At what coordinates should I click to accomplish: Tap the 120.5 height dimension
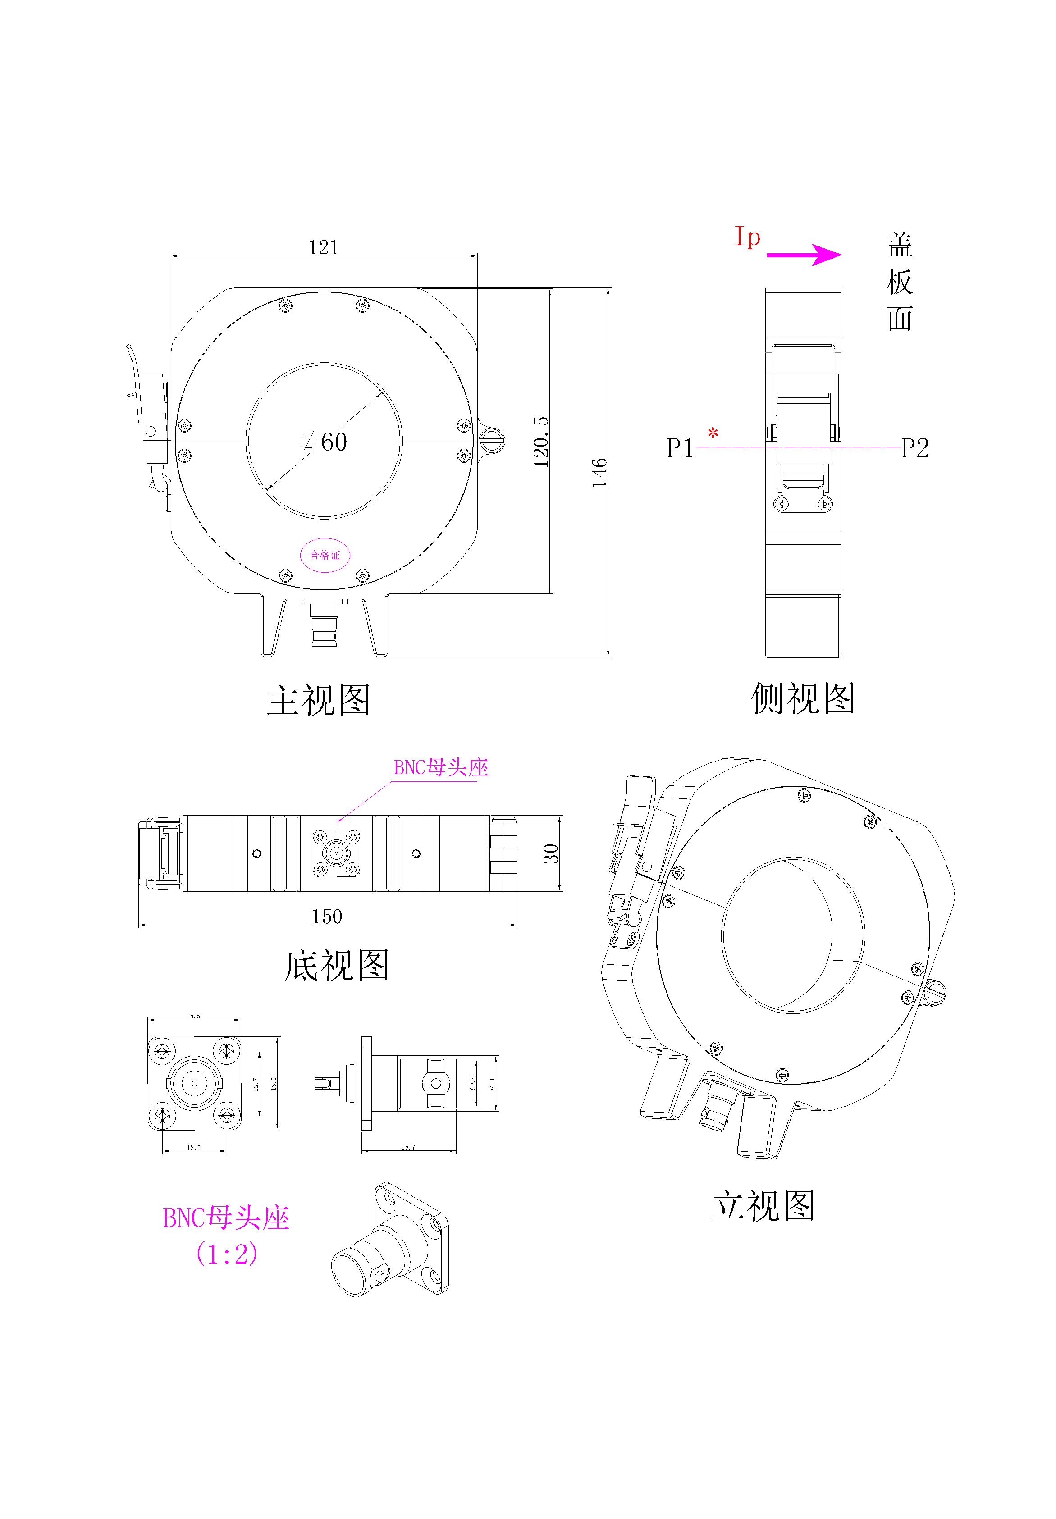[x=541, y=442]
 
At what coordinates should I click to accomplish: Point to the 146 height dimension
[x=599, y=472]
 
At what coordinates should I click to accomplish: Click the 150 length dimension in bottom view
[x=327, y=916]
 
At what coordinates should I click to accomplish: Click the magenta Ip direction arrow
[x=804, y=255]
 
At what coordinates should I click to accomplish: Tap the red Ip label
[x=748, y=237]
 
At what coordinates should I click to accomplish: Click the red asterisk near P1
[x=713, y=434]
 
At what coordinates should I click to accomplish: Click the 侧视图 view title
[x=803, y=698]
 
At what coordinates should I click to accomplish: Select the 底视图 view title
[x=336, y=966]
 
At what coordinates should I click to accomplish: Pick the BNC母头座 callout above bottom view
[x=441, y=767]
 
